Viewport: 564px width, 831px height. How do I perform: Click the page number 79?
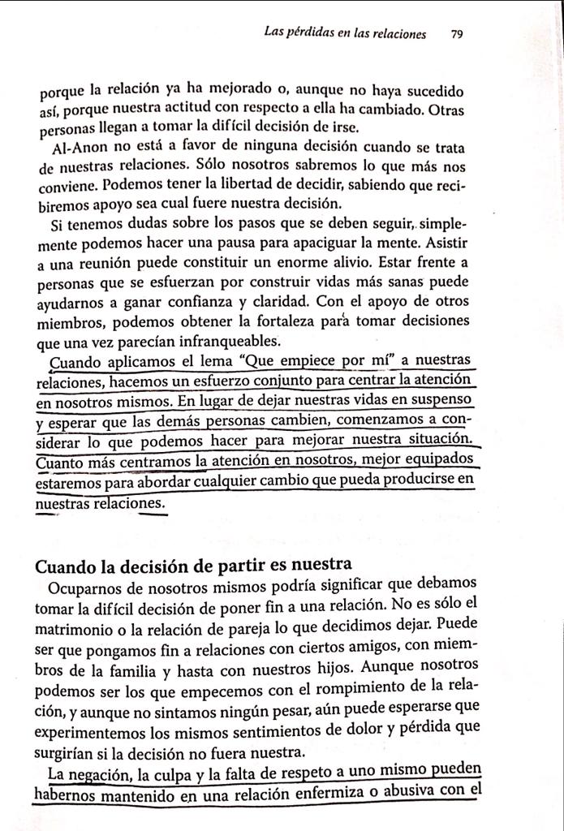click(x=456, y=34)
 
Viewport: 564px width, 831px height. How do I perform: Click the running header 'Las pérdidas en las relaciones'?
click(x=345, y=34)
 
